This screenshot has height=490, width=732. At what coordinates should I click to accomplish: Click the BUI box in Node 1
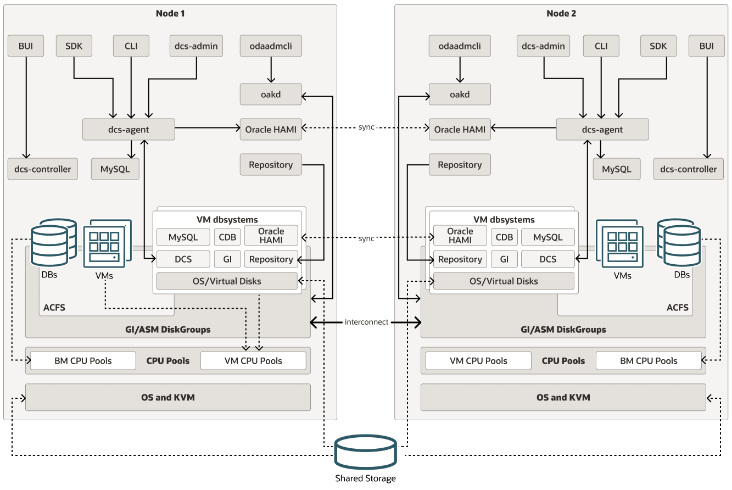tap(26, 46)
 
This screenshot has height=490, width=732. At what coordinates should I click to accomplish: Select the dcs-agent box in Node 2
tap(602, 130)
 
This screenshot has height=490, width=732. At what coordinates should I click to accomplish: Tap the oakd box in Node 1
tap(271, 94)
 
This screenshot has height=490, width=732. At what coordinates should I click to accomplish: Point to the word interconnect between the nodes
tap(366, 322)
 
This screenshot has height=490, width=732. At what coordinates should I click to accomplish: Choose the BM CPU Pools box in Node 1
tap(83, 361)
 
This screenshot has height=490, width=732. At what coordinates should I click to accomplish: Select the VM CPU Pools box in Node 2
tap(478, 361)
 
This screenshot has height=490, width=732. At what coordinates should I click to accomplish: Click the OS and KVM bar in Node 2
tap(563, 397)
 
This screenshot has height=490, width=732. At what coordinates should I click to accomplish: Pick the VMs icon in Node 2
tap(623, 245)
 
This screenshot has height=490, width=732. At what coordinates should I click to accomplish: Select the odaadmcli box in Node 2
tap(460, 46)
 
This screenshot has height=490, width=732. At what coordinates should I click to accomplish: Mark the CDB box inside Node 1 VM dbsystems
tap(227, 237)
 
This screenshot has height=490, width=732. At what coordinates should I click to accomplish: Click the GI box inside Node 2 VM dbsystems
tap(504, 259)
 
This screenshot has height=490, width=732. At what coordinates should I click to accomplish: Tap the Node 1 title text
tap(170, 13)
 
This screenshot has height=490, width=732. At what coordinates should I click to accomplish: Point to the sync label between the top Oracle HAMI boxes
tap(366, 127)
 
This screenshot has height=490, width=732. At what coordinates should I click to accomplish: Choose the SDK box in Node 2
tap(658, 46)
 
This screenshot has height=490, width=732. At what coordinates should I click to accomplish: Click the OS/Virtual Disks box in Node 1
tap(227, 281)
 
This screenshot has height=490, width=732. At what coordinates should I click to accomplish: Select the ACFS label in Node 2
tap(677, 308)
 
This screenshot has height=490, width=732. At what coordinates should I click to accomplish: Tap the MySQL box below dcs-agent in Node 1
tap(115, 169)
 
